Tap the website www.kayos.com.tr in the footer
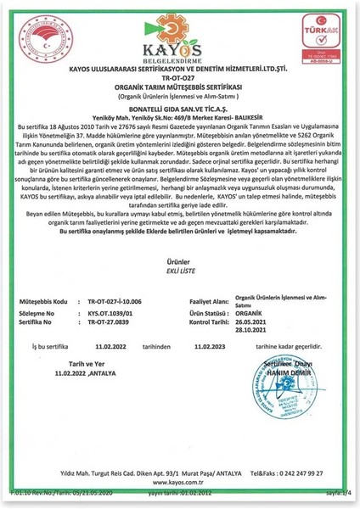(179, 480)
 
